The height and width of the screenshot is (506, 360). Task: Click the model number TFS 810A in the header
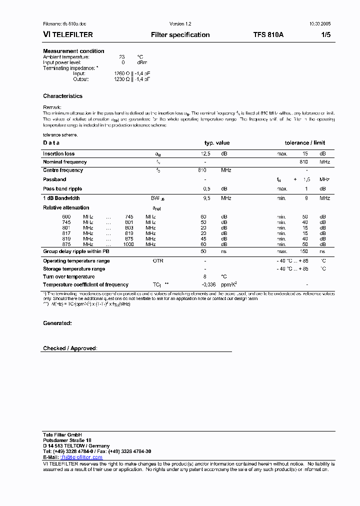[x=268, y=35]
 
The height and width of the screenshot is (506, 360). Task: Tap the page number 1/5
[x=324, y=35]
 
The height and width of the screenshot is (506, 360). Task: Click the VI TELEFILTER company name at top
[x=68, y=35]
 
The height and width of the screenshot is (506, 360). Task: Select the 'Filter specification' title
[x=180, y=35]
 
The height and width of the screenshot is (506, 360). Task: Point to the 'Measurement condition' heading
[x=73, y=51]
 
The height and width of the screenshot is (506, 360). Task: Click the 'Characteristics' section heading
[x=62, y=96]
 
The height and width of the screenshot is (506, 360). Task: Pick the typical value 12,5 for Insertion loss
[x=205, y=154]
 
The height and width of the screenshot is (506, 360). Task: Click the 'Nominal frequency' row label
[x=64, y=162]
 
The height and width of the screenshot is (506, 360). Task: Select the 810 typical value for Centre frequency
[x=202, y=170]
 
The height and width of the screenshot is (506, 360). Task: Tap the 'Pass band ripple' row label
[x=62, y=189]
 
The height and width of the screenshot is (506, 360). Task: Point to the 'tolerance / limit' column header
[x=305, y=143]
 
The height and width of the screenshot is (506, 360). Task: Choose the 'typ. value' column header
[x=217, y=143]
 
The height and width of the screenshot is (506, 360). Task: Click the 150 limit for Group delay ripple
[x=303, y=251]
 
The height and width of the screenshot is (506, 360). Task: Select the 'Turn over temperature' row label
[x=68, y=276]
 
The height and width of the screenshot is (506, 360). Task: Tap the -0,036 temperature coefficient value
[x=208, y=284]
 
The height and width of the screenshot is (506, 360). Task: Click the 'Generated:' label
[x=57, y=323]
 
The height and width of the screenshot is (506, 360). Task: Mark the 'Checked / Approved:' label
[x=70, y=348]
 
